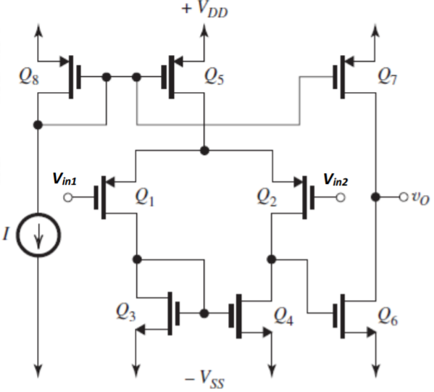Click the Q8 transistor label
pyautogui.click(x=29, y=76)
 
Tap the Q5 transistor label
pyautogui.click(x=214, y=76)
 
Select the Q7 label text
pyautogui.click(x=387, y=76)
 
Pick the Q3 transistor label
pyautogui.click(x=126, y=312)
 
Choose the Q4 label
pyautogui.click(x=283, y=316)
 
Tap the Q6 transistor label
pyautogui.click(x=388, y=316)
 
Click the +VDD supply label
pyautogui.click(x=205, y=10)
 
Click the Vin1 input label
pyautogui.click(x=64, y=179)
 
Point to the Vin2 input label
pyautogui.click(x=335, y=180)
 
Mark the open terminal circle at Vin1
pyautogui.click(x=68, y=198)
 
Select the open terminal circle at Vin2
pyautogui.click(x=341, y=198)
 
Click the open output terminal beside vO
pyautogui.click(x=404, y=197)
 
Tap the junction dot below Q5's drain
pyautogui.click(x=204, y=151)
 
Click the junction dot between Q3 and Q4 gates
pyautogui.click(x=204, y=314)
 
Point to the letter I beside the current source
pyautogui.click(x=6, y=234)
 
